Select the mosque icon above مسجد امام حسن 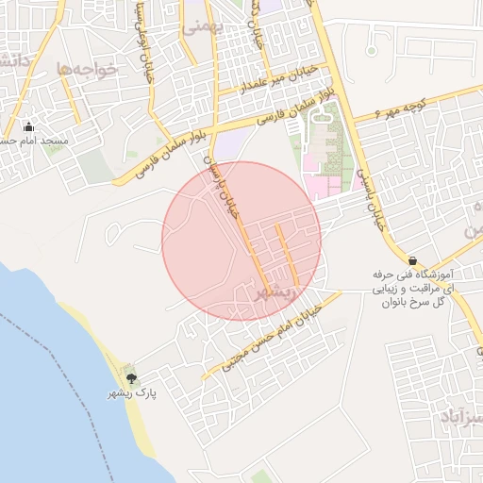pyautogui.click(x=28, y=126)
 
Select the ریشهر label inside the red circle pyautogui.click(x=275, y=293)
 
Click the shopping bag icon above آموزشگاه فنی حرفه pyautogui.click(x=412, y=259)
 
